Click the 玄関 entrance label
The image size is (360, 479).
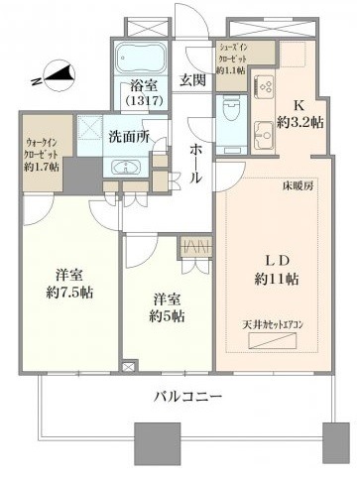(x=192, y=80)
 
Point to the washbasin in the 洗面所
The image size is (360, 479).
(x=126, y=168)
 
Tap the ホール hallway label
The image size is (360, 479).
(x=195, y=161)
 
